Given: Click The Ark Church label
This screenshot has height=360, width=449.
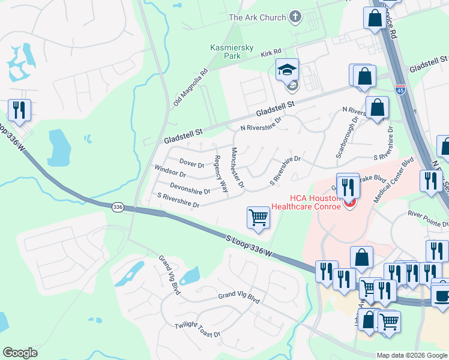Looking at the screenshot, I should pyautogui.click(x=257, y=17).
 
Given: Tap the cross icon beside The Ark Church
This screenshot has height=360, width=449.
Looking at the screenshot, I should pyautogui.click(x=295, y=17).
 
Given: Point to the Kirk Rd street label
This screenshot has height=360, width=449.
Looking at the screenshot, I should pyautogui.click(x=271, y=53).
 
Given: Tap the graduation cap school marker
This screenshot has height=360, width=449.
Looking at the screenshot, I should pyautogui.click(x=287, y=70).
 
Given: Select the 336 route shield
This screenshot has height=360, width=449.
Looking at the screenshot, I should pyautogui.click(x=118, y=206).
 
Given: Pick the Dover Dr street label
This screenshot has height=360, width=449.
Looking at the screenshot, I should pyautogui.click(x=192, y=163).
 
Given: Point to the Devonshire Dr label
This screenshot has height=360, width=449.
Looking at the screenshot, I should pyautogui.click(x=190, y=188).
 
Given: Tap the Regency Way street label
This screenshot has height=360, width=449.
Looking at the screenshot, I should pyautogui.click(x=221, y=174).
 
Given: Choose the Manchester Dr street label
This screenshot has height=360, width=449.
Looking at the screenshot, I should pyautogui.click(x=238, y=168).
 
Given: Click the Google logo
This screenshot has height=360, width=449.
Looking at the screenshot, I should pyautogui.click(x=20, y=353).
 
